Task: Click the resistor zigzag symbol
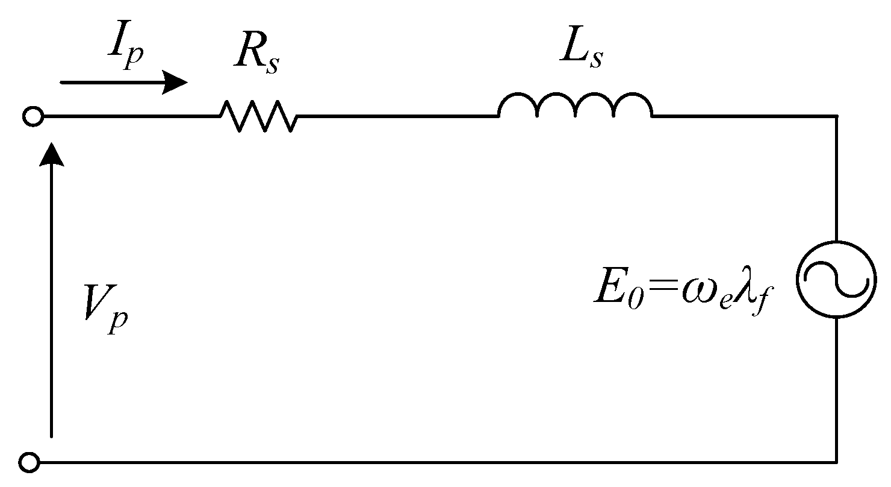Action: (258, 116)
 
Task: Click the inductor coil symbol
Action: (575, 105)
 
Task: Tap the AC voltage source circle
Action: (835, 278)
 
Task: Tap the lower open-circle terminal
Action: (29, 462)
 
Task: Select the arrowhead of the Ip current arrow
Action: (176, 83)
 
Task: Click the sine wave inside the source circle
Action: (835, 278)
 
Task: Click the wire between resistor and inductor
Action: (397, 115)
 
